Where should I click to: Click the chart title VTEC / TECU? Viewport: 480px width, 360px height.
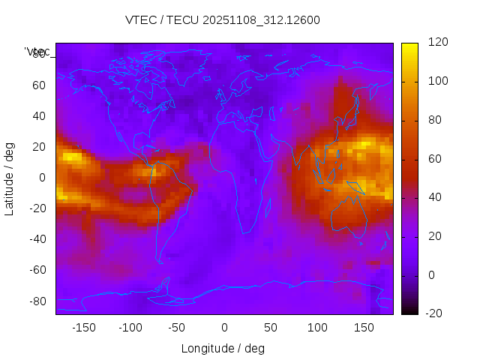click(222, 20)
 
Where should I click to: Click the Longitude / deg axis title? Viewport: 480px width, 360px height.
click(223, 348)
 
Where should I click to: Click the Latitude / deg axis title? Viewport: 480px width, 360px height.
click(10, 177)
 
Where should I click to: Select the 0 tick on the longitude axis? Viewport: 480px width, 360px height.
click(223, 328)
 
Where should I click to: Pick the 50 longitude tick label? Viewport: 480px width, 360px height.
click(270, 328)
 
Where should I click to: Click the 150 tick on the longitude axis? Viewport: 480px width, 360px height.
click(363, 328)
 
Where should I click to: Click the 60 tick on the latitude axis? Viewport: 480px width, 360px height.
click(39, 85)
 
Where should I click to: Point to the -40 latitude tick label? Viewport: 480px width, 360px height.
click(37, 239)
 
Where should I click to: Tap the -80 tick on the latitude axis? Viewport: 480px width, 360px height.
click(37, 301)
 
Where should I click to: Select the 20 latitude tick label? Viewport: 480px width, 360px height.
click(39, 146)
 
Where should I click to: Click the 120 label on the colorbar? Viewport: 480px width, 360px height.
click(438, 42)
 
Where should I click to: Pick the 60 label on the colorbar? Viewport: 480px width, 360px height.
click(436, 159)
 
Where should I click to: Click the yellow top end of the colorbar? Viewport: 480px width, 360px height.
click(409, 46)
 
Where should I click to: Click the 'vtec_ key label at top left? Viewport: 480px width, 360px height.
click(37, 52)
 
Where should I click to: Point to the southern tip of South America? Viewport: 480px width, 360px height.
click(160, 262)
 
